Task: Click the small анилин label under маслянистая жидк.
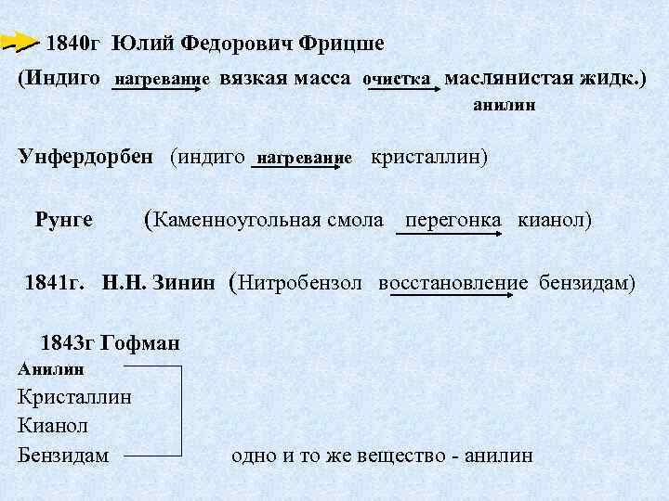point(504,107)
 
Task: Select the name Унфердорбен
point(85,156)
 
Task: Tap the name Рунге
point(63,220)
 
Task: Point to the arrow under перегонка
point(451,234)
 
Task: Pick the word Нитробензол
point(301,282)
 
